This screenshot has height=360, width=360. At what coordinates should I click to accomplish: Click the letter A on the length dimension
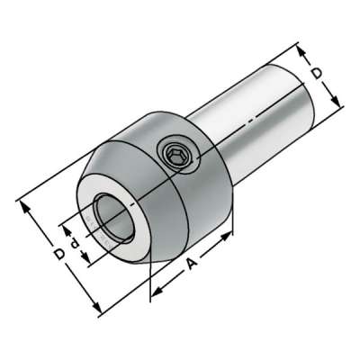[192, 264]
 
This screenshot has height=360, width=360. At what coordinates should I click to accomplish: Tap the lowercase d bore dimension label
[75, 244]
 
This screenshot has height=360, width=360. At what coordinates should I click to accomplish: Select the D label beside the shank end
[317, 74]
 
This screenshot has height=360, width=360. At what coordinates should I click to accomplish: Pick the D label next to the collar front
[59, 254]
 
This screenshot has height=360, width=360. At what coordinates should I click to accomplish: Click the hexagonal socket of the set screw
[174, 156]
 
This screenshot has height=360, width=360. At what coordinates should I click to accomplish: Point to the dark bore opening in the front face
[112, 217]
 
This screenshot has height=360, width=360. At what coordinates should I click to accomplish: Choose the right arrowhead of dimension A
[227, 236]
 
